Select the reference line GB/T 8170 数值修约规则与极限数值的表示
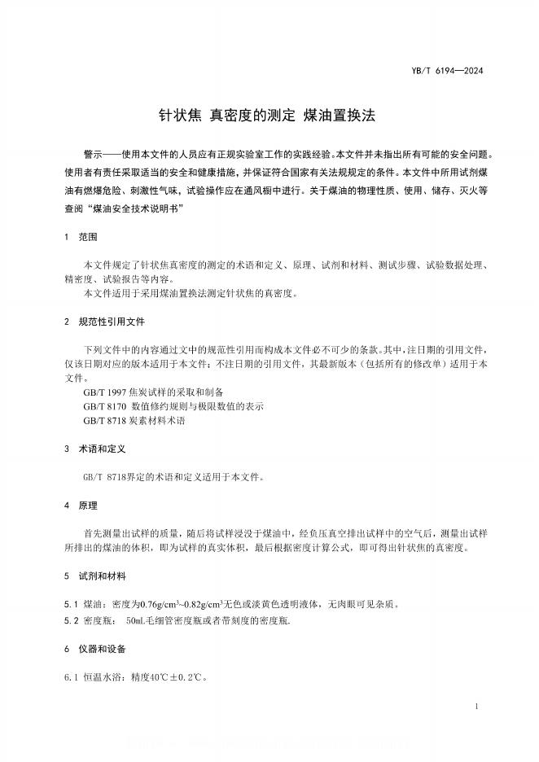pos(173,406)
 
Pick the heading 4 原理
pos(81,506)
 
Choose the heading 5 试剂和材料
pos(95,576)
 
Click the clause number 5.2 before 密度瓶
pos(70,620)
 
